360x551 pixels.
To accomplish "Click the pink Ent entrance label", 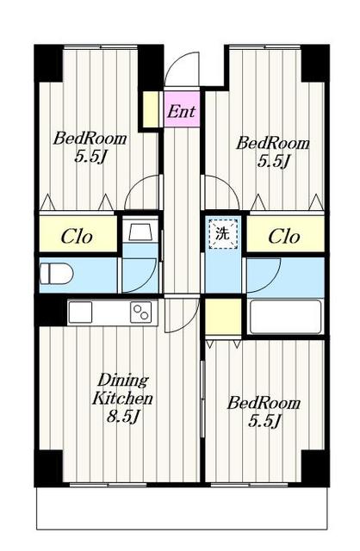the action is click(181, 112).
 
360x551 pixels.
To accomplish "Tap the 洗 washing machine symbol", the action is click(223, 233).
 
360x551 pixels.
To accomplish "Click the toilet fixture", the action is click(56, 274).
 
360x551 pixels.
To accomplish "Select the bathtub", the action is click(285, 317).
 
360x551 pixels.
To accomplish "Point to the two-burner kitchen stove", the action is click(141, 312).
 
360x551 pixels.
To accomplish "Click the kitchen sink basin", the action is click(80, 312).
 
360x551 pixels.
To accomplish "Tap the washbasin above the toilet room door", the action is click(140, 231).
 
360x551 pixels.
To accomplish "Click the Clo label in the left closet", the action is click(77, 237).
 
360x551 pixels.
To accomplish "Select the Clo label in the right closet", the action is click(284, 237).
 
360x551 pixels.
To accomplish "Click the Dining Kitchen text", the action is click(122, 390).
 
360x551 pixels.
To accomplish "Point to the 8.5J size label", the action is click(123, 417).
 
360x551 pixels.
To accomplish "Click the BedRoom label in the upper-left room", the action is click(90, 138).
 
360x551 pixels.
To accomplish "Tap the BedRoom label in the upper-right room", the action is click(273, 143).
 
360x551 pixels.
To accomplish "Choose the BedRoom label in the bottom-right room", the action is click(264, 403).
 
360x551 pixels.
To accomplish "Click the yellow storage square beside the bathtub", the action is click(223, 317).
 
